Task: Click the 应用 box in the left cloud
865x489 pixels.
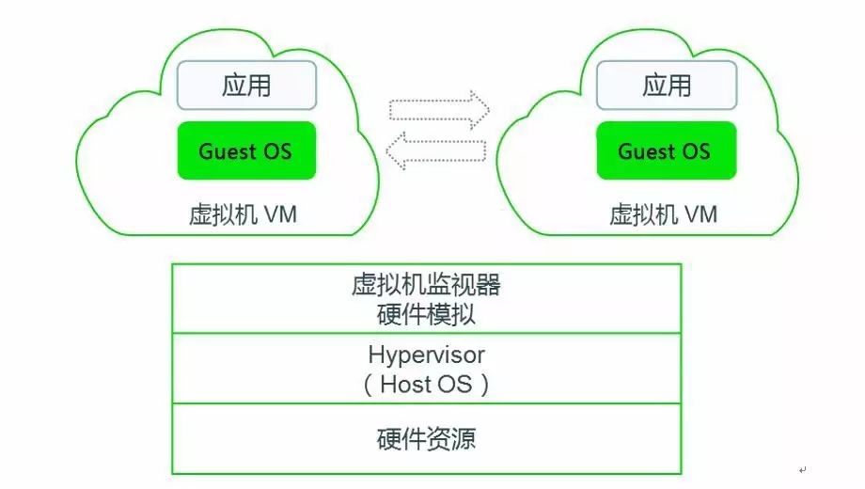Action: point(246,87)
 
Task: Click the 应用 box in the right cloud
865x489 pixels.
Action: point(667,87)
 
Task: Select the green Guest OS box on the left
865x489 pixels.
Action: point(245,151)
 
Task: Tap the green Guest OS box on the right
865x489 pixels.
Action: point(665,151)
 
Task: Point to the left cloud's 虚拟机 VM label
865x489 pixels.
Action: point(244,214)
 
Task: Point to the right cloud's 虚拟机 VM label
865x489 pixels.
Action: point(663,214)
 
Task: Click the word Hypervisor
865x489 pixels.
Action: point(426,355)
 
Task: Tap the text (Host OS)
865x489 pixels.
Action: point(426,385)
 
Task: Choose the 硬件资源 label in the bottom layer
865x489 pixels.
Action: point(426,438)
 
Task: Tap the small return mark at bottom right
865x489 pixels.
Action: point(802,469)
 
